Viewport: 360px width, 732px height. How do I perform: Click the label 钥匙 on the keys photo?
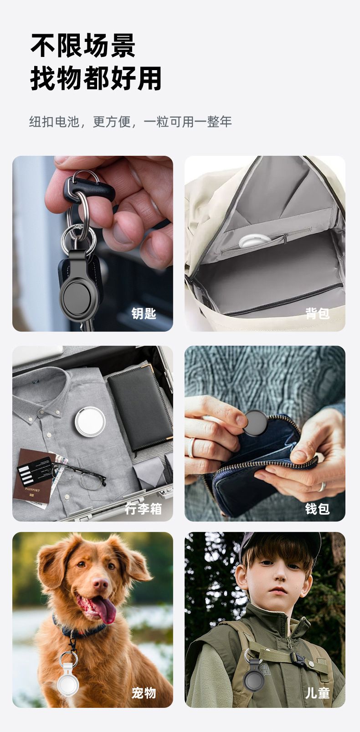pos(144,313)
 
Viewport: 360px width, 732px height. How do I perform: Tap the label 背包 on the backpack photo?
pos(317,313)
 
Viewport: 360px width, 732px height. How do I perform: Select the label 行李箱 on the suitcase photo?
pos(143,509)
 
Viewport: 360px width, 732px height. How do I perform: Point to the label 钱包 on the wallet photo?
pos(317,509)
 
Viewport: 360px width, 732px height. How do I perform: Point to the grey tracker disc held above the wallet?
pos(256,422)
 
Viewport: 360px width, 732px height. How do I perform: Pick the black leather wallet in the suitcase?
pos(141,409)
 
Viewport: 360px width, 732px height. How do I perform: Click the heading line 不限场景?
pos(83,46)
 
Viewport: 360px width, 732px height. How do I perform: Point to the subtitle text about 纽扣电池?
pos(130,122)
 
